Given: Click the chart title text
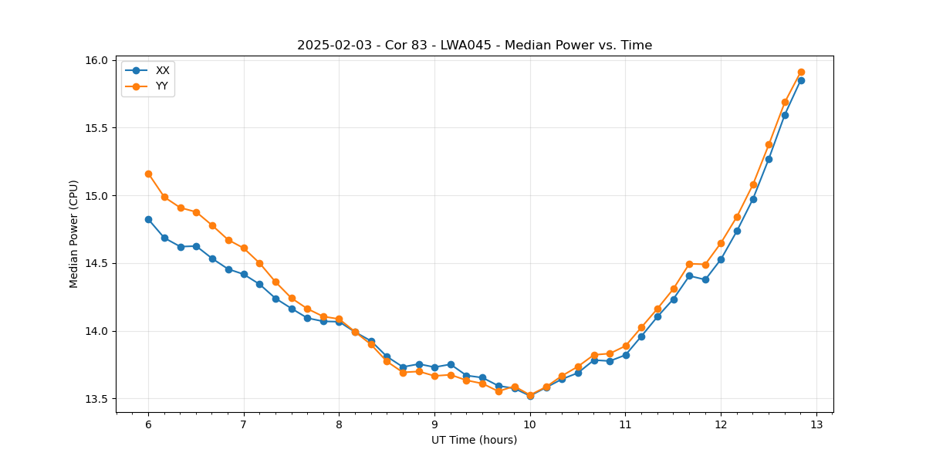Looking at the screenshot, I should [475, 46].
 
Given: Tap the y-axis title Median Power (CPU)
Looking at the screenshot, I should [74, 234].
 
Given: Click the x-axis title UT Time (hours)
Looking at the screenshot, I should [475, 440].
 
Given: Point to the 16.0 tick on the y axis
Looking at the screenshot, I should [96, 60].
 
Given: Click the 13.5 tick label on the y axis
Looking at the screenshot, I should [96, 399].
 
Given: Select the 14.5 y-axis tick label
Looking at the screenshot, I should [96, 263].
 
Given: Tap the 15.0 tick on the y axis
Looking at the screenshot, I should [96, 196].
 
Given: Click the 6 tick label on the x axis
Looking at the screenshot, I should [148, 424].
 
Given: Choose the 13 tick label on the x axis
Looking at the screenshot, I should [816, 424].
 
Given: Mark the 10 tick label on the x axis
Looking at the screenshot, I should [530, 424].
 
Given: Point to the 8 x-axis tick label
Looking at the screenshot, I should [339, 424].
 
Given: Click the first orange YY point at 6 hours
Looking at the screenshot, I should [148, 174].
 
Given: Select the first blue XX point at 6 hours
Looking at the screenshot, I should [148, 219].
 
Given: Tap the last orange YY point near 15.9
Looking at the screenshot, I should [801, 72].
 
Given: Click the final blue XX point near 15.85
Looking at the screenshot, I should [801, 80].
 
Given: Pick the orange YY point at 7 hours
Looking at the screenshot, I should [244, 248].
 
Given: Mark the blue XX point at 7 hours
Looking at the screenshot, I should [244, 274].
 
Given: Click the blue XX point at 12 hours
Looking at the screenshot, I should [721, 259].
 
